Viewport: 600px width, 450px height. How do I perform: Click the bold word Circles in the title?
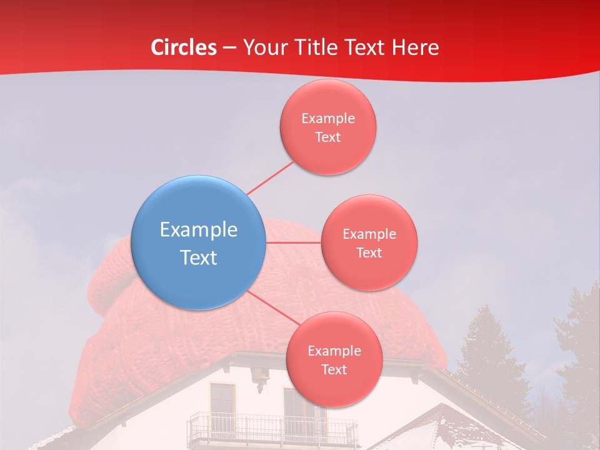(x=184, y=47)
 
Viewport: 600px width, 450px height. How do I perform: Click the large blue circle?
(x=198, y=242)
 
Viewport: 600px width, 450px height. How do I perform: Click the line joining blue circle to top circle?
(x=270, y=178)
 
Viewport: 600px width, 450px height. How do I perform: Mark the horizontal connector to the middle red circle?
(x=294, y=242)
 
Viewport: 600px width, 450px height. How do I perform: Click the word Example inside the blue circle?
(x=198, y=229)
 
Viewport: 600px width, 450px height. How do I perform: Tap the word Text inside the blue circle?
(x=198, y=257)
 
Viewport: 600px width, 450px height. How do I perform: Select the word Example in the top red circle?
(x=327, y=118)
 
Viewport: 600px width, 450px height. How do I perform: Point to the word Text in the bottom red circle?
(x=334, y=369)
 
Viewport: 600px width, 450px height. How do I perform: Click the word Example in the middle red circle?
(x=369, y=234)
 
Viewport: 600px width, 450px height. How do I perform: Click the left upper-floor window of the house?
(x=222, y=403)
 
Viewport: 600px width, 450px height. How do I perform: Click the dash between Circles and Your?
(x=229, y=47)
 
